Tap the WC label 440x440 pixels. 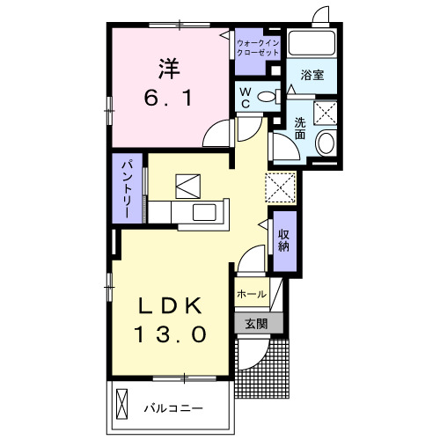point(246,98)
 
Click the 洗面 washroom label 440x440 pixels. point(301,129)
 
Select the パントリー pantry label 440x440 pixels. point(127,187)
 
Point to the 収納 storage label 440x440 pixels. point(284,241)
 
